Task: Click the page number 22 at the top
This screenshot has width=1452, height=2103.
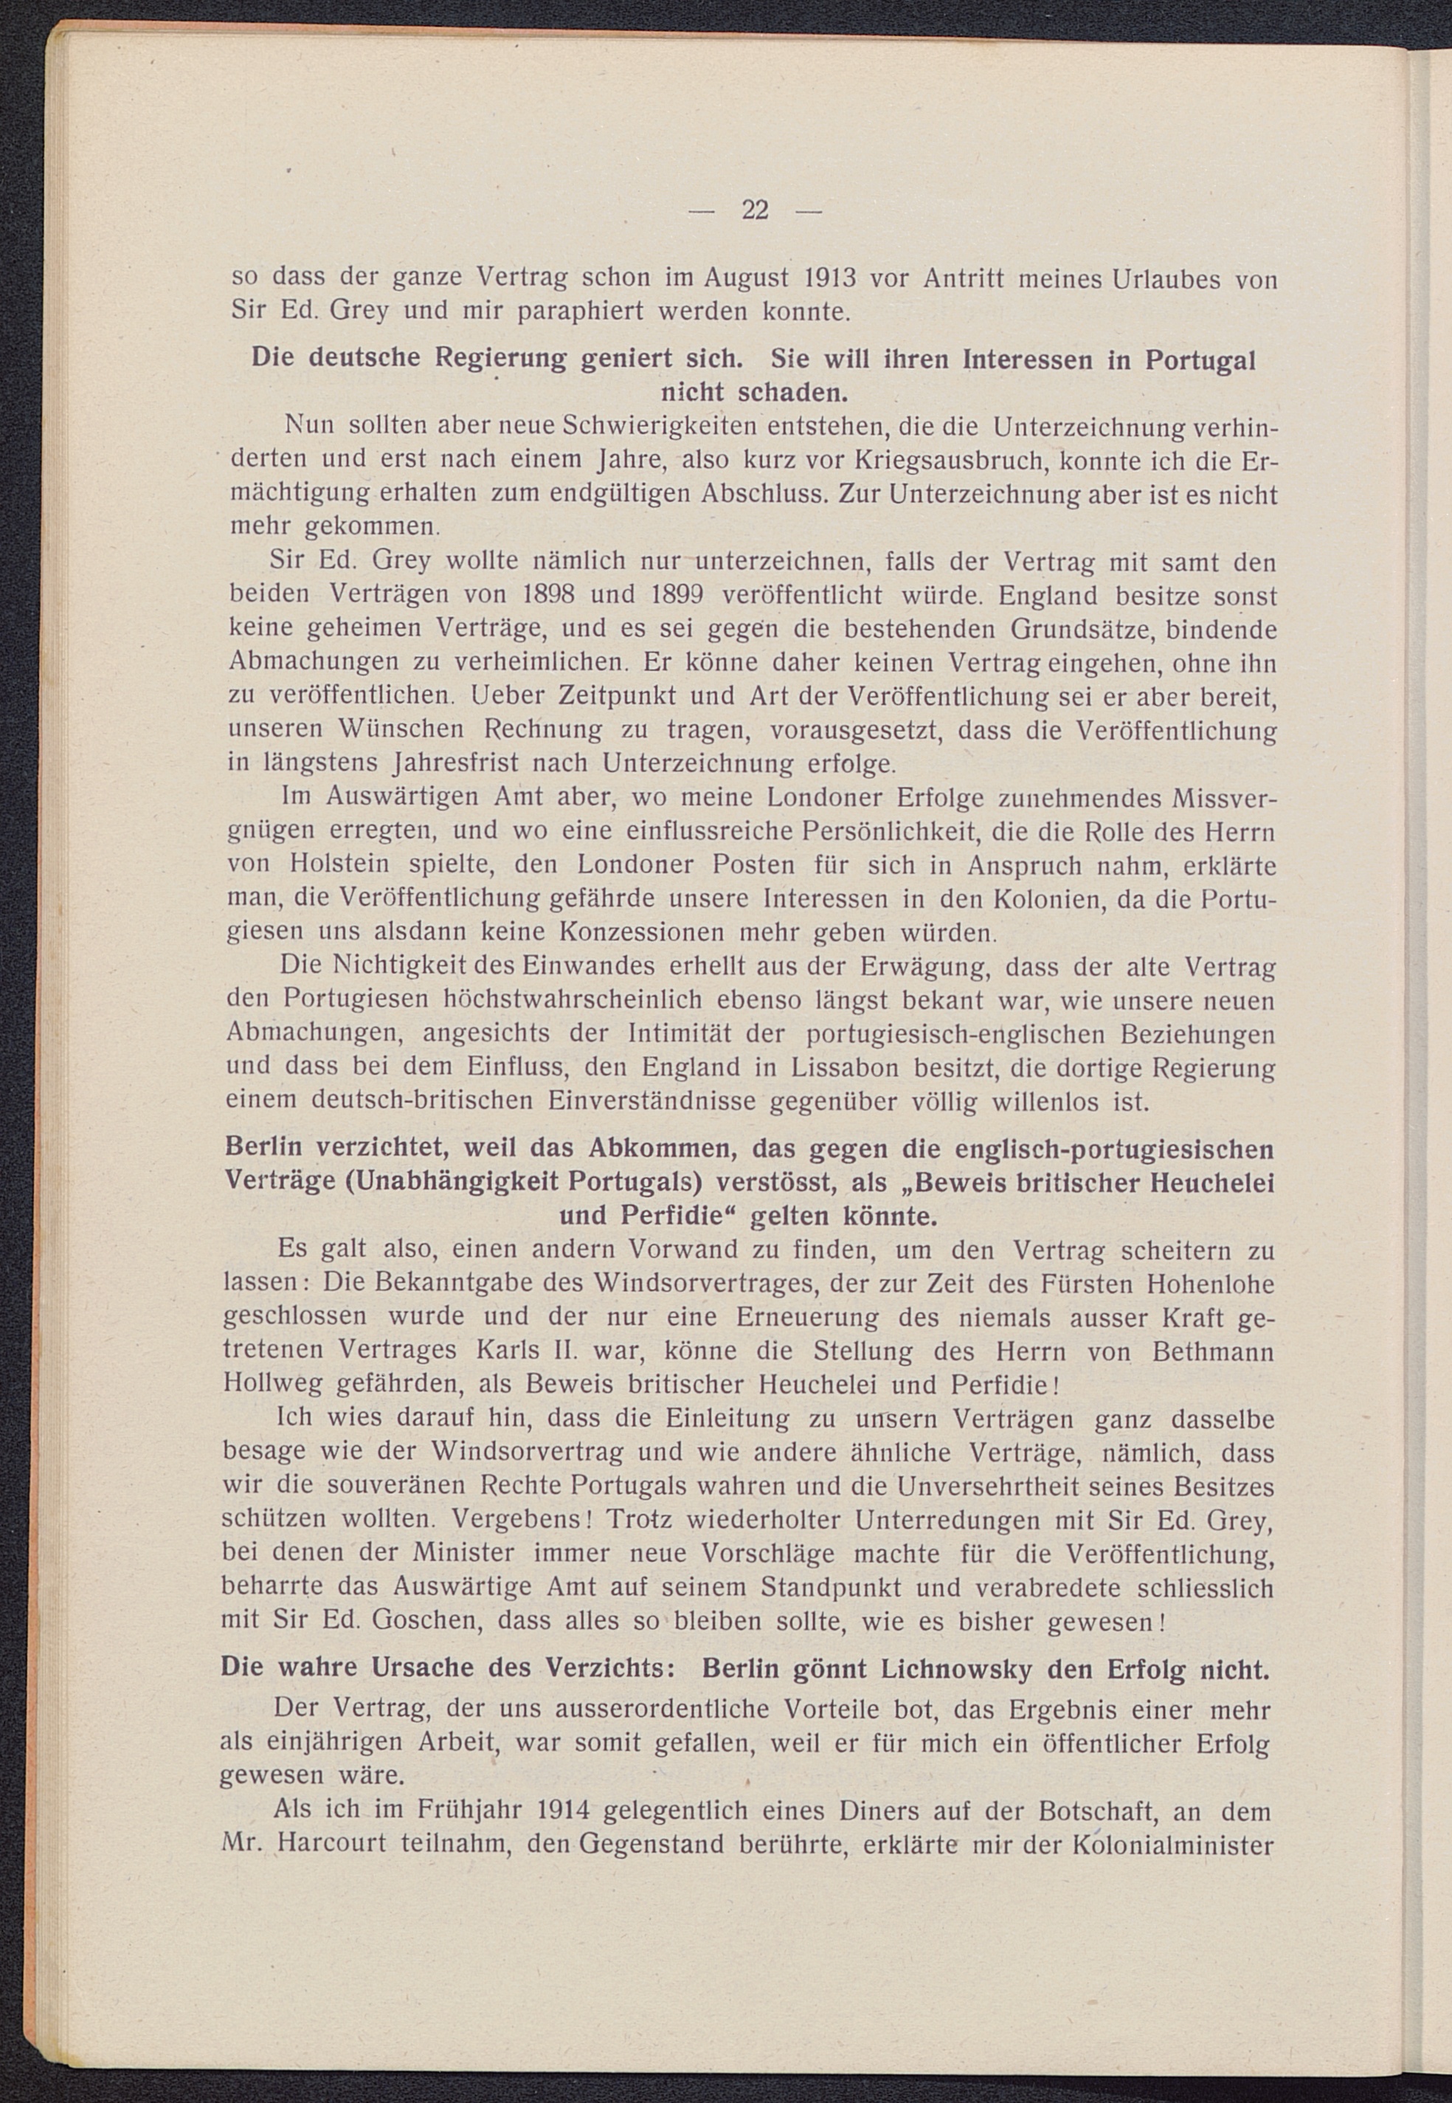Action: (x=755, y=210)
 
